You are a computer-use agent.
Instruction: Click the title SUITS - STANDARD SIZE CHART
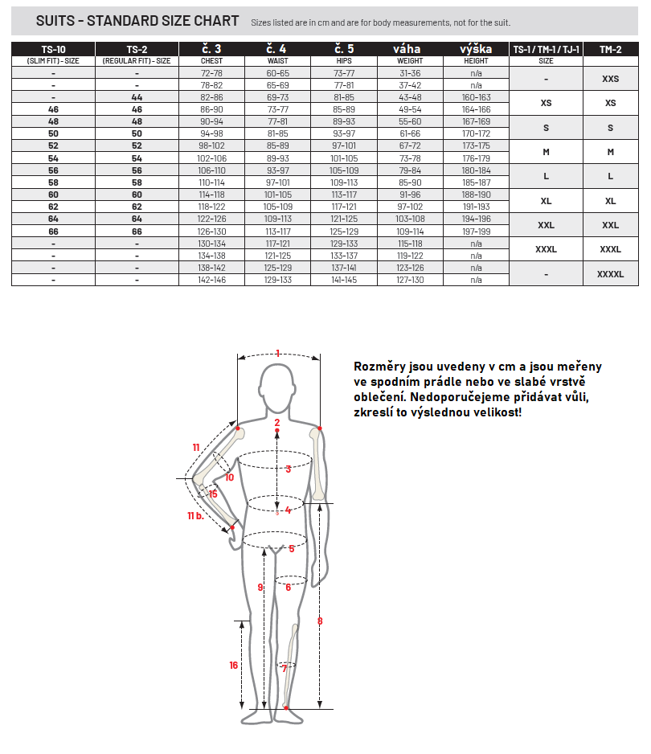[x=137, y=21]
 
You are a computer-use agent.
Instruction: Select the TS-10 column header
[x=53, y=49]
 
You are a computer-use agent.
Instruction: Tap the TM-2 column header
[x=610, y=49]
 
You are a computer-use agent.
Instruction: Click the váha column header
[x=410, y=49]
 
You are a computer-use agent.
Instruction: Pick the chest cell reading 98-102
[x=211, y=146]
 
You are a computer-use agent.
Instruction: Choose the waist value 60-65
[x=277, y=72]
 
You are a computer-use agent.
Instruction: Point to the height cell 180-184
[x=476, y=170]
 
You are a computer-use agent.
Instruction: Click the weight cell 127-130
[x=410, y=280]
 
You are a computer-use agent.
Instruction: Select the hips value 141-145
[x=343, y=280]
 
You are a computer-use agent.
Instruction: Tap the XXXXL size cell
[x=610, y=274]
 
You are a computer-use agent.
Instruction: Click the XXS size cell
[x=610, y=79]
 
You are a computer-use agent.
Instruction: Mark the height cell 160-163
[x=476, y=97]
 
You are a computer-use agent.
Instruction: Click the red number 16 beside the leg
[x=233, y=665]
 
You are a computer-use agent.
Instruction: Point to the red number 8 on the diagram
[x=320, y=621]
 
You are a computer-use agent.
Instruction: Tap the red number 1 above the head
[x=278, y=353]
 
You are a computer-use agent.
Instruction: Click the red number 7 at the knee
[x=284, y=668]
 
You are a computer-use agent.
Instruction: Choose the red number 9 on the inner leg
[x=260, y=588]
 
